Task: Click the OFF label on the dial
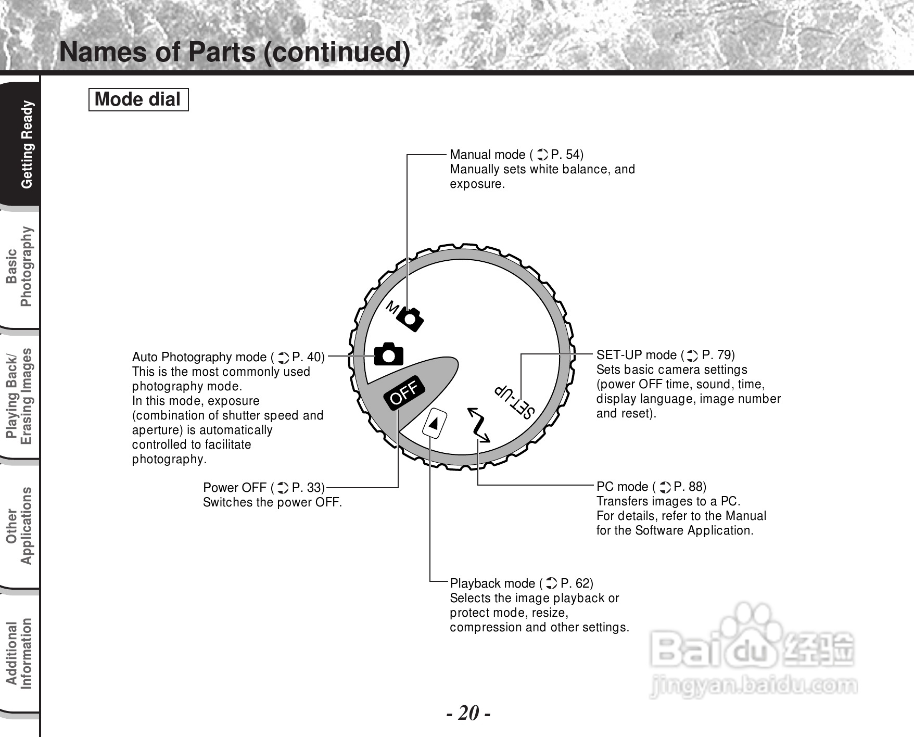(x=404, y=392)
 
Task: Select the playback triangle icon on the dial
(x=434, y=423)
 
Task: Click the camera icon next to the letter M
(x=411, y=319)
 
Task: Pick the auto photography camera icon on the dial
(x=389, y=354)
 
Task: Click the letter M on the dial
(x=392, y=308)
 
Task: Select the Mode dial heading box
(x=138, y=99)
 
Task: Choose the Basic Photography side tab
(x=20, y=267)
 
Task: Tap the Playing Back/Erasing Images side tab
(x=20, y=396)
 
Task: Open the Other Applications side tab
(x=20, y=525)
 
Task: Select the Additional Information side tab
(x=20, y=654)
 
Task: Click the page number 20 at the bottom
(x=468, y=713)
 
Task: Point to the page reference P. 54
(x=567, y=155)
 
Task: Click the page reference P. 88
(x=690, y=487)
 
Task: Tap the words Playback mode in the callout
(x=492, y=583)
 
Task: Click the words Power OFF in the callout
(x=235, y=488)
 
